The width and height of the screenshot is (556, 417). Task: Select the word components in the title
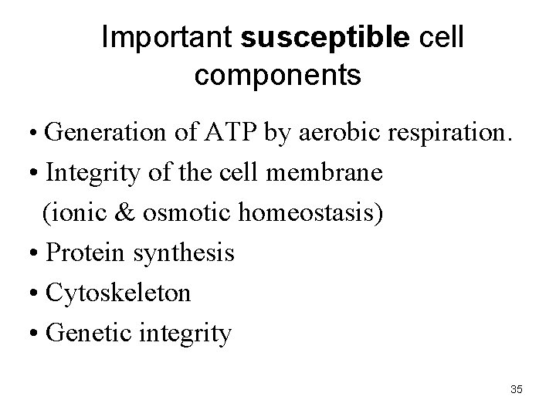point(277,75)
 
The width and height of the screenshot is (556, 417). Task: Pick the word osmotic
point(180,212)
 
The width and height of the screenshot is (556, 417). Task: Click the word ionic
point(80,212)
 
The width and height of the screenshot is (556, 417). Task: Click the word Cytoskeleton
point(118,293)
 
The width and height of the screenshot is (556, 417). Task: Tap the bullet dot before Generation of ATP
point(37,134)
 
